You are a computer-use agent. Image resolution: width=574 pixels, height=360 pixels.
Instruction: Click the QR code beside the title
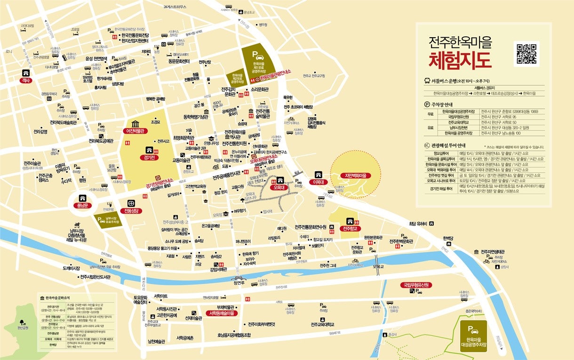[526, 54]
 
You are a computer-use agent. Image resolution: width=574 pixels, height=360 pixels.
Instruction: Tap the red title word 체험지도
[460, 61]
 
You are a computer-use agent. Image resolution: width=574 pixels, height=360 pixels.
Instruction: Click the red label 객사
[24, 80]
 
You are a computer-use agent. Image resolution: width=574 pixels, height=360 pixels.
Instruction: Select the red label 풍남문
[83, 206]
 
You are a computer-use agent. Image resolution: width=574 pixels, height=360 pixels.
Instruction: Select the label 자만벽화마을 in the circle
[356, 176]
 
